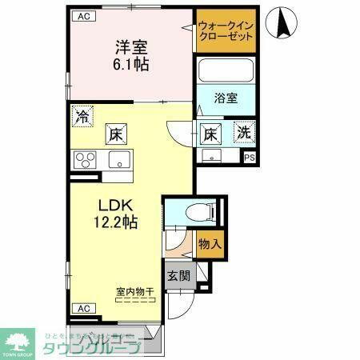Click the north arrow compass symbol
[283, 22]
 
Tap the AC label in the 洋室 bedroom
[82, 15]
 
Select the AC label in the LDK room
[82, 308]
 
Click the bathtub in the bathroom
[226, 73]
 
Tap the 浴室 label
[226, 98]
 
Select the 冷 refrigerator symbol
[82, 115]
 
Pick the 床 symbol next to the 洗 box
[210, 133]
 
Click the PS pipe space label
[250, 158]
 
